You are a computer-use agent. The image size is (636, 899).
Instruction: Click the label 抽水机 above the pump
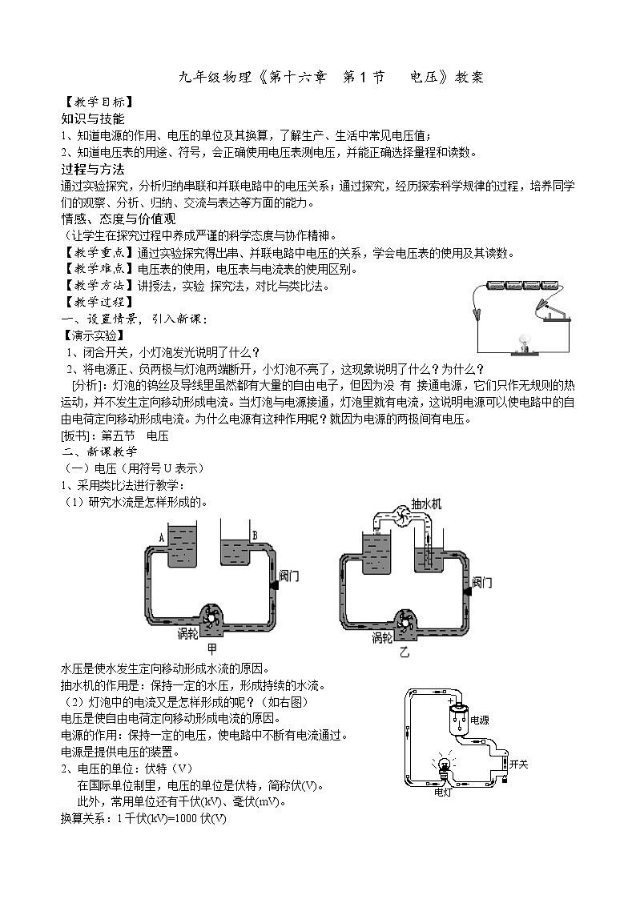pos(427,504)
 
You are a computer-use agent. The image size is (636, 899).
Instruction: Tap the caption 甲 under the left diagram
pos(211,648)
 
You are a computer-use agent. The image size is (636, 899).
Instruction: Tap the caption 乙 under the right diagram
pos(405,652)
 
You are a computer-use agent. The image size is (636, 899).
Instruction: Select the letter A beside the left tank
pos(162,538)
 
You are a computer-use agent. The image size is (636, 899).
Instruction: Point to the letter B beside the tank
pos(255,536)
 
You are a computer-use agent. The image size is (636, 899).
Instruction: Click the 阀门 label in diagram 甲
pos(288,575)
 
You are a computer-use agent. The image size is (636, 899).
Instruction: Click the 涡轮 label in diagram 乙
pos(382,637)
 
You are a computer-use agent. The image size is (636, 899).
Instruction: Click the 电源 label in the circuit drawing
pos(480,720)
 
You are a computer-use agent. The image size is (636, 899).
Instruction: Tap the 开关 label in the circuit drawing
pos(518,765)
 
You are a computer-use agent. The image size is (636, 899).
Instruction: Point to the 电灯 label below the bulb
pos(442,793)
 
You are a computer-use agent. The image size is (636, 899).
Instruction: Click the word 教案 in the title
pos(469,78)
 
